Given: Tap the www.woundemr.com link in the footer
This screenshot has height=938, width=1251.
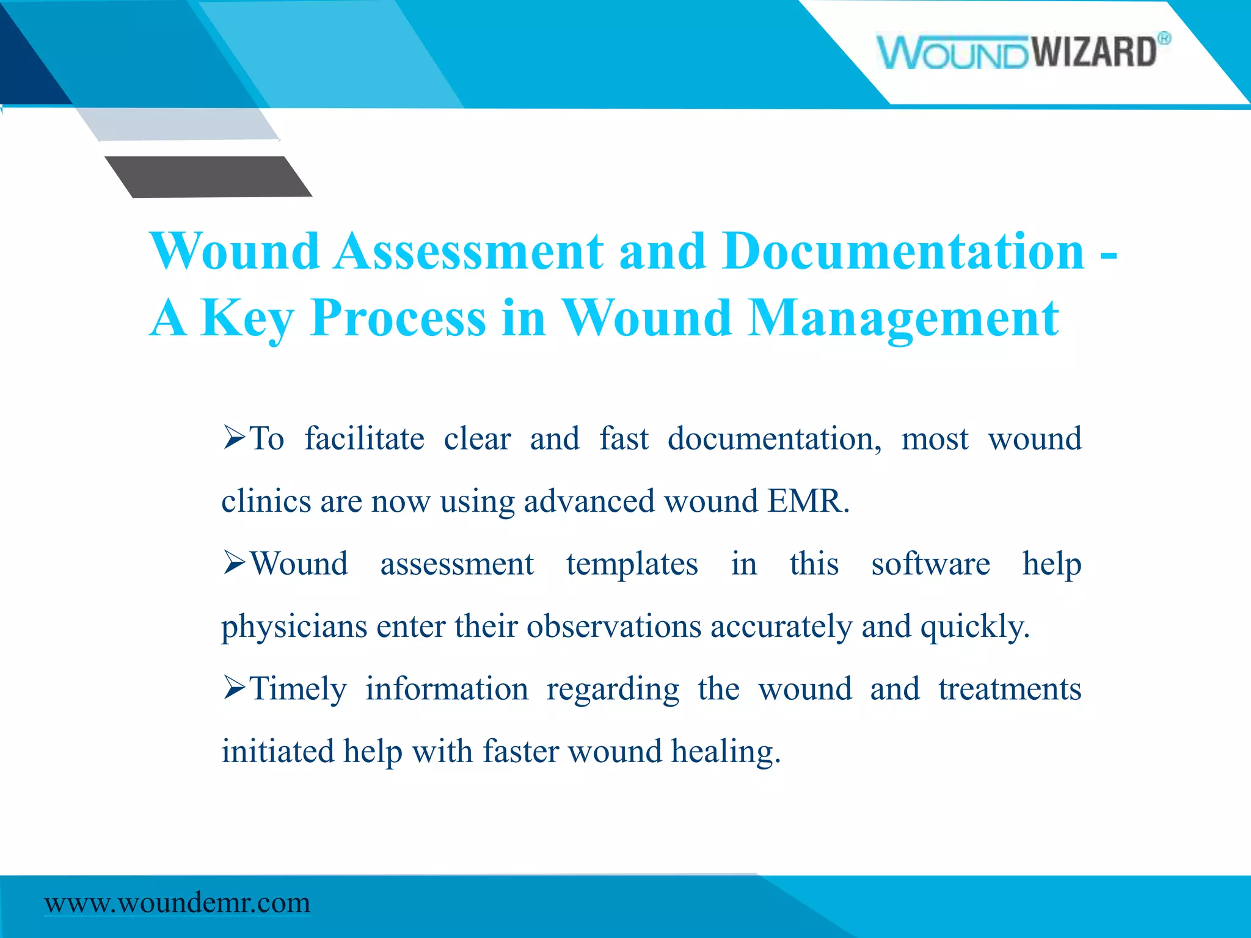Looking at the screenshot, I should point(177,903).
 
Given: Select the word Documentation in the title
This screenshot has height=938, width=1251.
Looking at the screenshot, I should point(903,252).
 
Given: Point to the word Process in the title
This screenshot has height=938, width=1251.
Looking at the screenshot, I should point(398,318).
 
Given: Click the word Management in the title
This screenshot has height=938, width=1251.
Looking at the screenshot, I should point(903,318).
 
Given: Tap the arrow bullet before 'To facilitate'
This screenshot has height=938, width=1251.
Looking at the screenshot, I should point(235,437).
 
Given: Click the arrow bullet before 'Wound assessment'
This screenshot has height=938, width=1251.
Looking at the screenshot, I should point(235,562).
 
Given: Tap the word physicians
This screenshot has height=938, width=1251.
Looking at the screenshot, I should point(294,627).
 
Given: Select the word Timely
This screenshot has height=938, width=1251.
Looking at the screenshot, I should point(299,689).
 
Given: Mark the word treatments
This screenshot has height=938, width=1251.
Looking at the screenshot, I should point(1010,689).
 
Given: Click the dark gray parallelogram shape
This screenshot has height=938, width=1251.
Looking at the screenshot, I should point(208,176).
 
